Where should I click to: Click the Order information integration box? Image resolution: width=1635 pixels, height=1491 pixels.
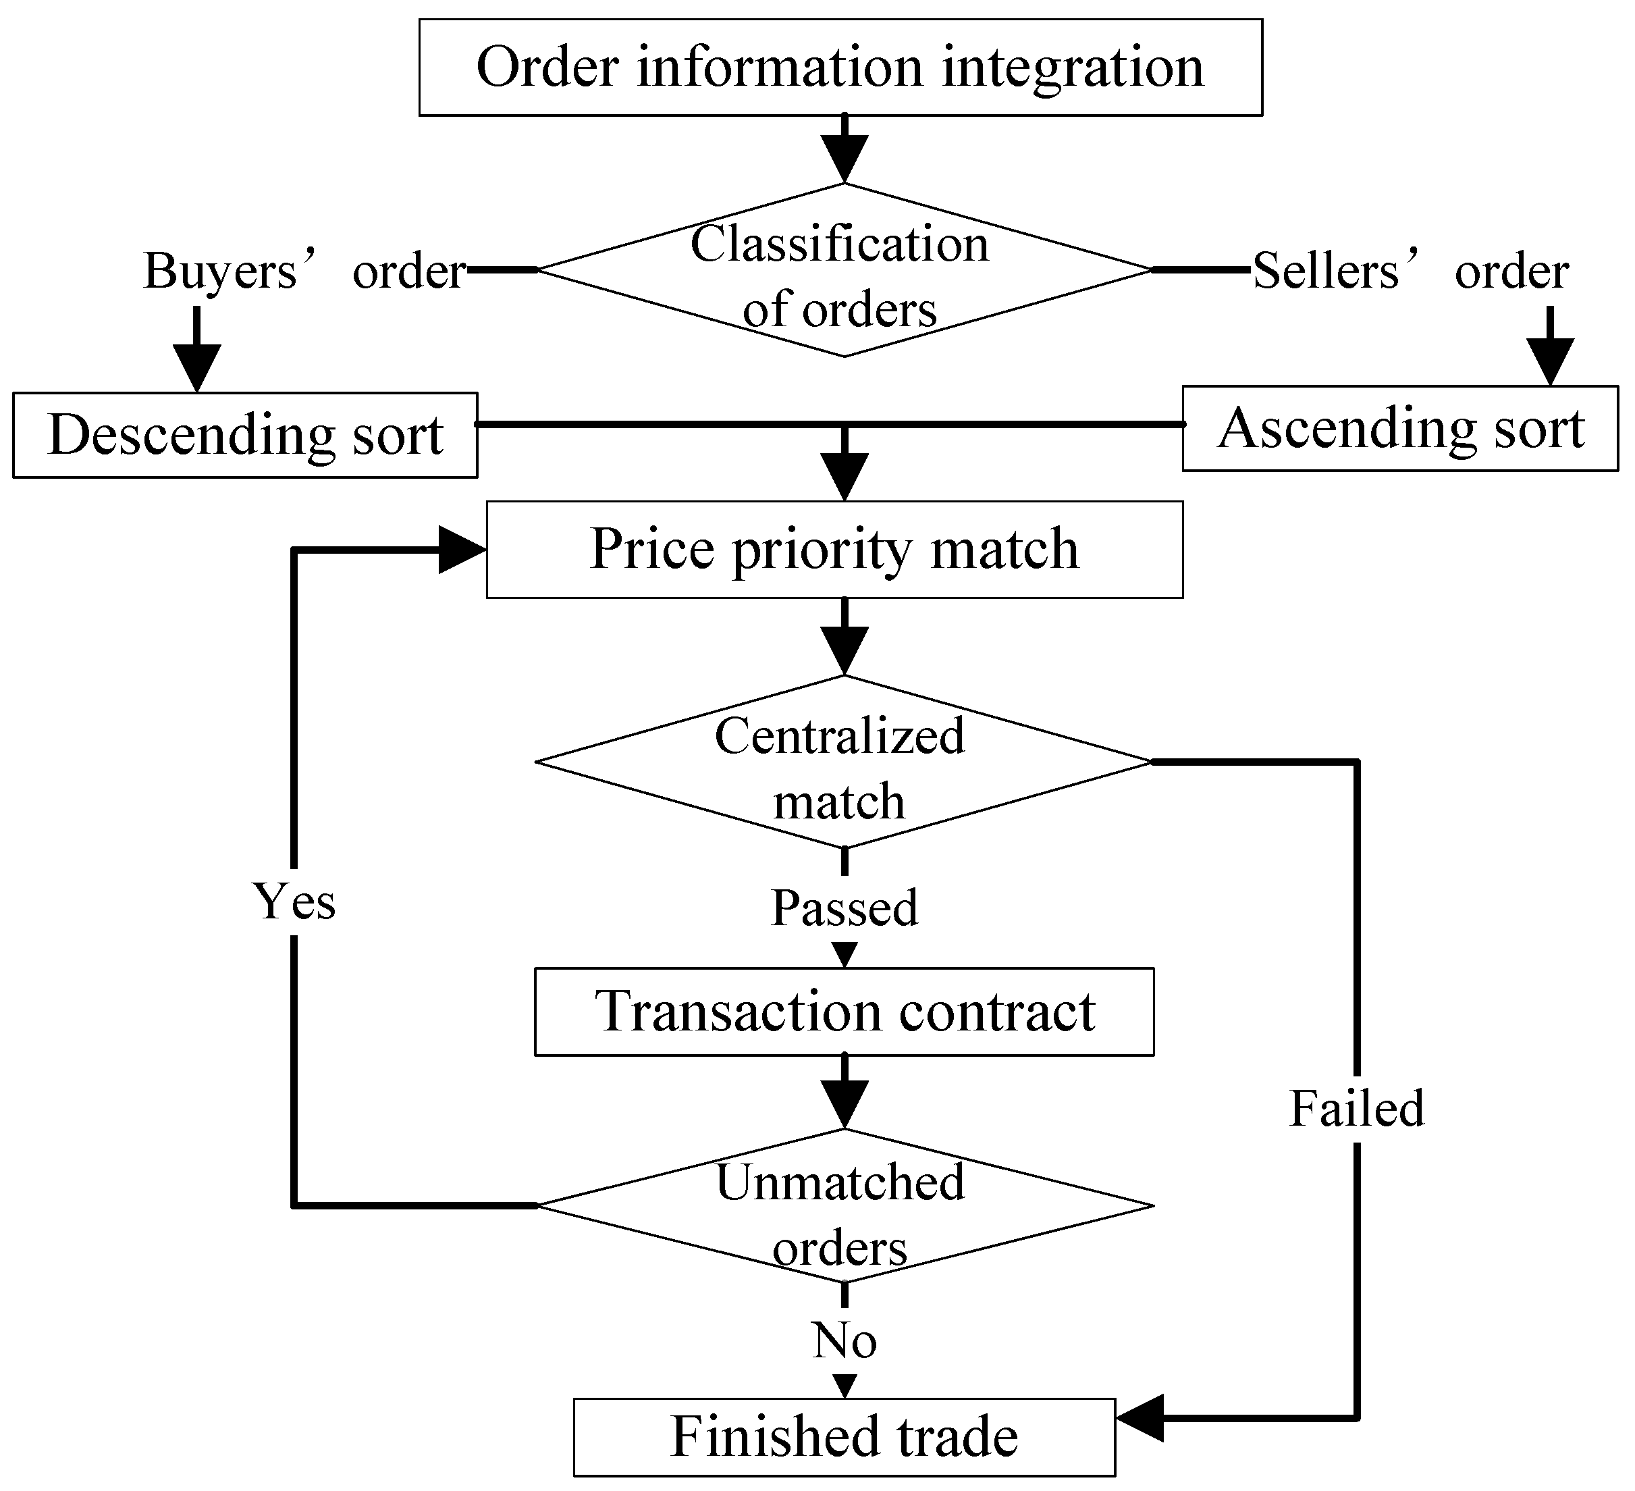(840, 68)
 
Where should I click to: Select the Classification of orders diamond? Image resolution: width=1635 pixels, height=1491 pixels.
(843, 270)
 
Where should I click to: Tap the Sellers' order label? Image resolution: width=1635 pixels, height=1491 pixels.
(1410, 270)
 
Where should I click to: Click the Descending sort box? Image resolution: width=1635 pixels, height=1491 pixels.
(245, 435)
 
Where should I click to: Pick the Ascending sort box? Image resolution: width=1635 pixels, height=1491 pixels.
(1400, 428)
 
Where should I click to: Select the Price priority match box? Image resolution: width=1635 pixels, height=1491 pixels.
(834, 549)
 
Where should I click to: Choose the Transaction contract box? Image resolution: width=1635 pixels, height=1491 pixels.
(843, 1012)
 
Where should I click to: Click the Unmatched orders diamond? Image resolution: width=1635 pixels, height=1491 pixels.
(843, 1205)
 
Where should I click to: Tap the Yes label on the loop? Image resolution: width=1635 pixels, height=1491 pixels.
(294, 901)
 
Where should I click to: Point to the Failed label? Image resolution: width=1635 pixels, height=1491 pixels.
(1356, 1108)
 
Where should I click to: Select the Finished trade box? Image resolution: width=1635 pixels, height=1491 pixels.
(843, 1437)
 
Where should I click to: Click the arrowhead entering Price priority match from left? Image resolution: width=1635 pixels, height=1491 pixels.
(460, 550)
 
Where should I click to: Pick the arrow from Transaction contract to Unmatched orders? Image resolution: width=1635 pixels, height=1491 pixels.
(845, 1093)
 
